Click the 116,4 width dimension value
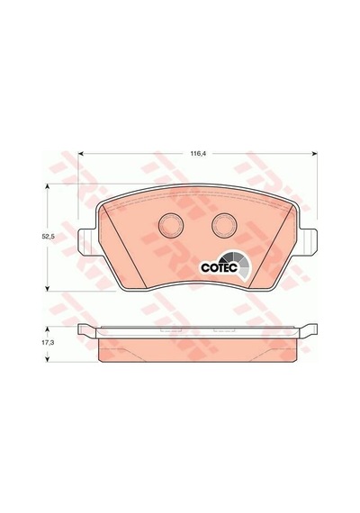pos(198,153)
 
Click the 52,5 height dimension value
pos(47,238)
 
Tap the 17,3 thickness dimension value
pos(48,343)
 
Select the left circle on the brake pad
pos(171,225)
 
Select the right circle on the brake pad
pos(224,225)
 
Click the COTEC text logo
pos(219,267)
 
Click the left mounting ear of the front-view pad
pos(87,242)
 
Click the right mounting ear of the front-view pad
pos(308,242)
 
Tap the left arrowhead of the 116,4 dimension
pos(80,153)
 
